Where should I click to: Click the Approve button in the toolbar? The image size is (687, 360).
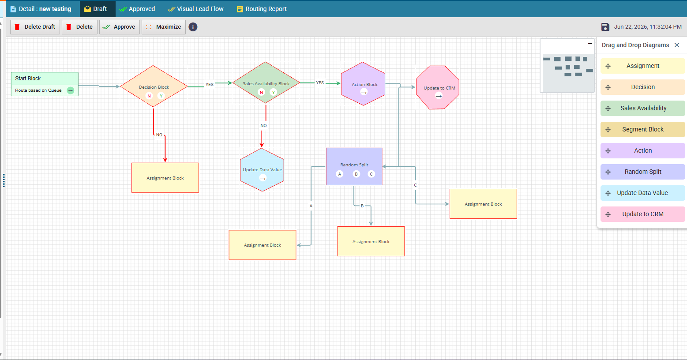tap(119, 27)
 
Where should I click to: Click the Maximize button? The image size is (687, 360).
tap(163, 27)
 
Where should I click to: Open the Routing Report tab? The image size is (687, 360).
tap(262, 9)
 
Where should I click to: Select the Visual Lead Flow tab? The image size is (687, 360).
tap(195, 9)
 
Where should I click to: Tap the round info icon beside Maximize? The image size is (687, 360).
tap(193, 27)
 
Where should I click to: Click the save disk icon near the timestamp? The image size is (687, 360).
tap(605, 27)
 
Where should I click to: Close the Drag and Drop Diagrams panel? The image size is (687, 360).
tap(677, 45)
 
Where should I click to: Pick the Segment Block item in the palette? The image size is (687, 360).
tap(642, 129)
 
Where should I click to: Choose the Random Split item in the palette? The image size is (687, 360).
tap(642, 172)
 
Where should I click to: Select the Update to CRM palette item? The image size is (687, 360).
tap(642, 214)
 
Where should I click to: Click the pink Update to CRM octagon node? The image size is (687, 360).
tap(438, 87)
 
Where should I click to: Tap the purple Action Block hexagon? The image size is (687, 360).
tap(363, 84)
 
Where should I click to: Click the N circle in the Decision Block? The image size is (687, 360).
tap(149, 96)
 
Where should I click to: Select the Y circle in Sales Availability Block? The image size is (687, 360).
tap(273, 92)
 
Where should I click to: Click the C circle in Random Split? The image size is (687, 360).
tap(371, 174)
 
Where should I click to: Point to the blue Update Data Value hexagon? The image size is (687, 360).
tap(262, 170)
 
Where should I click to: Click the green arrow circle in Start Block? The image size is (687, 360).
tap(71, 90)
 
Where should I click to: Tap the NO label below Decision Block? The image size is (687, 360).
tap(159, 135)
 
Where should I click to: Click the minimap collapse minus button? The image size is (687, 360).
tap(590, 43)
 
